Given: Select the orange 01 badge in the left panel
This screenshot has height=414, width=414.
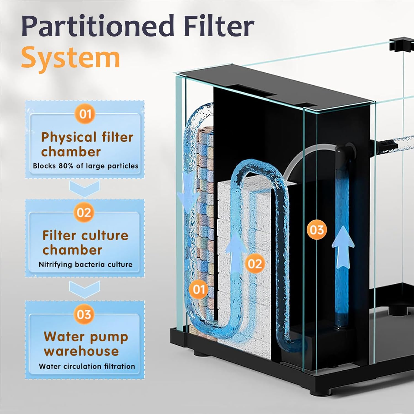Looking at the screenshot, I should tap(85, 114).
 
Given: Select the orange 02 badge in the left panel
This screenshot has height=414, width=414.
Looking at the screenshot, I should tap(84, 213).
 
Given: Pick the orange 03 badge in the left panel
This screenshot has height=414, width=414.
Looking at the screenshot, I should tap(84, 314).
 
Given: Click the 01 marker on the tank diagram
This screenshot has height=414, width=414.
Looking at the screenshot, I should tap(199, 290).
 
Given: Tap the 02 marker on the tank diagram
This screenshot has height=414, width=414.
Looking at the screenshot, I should tap(254, 264).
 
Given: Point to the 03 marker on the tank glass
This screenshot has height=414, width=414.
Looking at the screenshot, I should tap(317, 230).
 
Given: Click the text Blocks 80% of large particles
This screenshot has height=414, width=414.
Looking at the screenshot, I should tap(86, 166).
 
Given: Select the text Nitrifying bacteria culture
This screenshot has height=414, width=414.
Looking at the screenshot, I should tap(86, 264).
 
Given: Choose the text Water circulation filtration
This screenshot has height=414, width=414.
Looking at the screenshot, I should tap(87, 366).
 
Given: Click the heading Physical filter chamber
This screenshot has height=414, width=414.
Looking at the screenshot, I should tap(87, 144).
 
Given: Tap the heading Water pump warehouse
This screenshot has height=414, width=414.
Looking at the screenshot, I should tap(86, 344).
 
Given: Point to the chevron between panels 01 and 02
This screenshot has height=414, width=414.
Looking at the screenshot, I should tap(84, 189).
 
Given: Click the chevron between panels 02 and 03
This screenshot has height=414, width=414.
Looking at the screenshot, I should tap(84, 289).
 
